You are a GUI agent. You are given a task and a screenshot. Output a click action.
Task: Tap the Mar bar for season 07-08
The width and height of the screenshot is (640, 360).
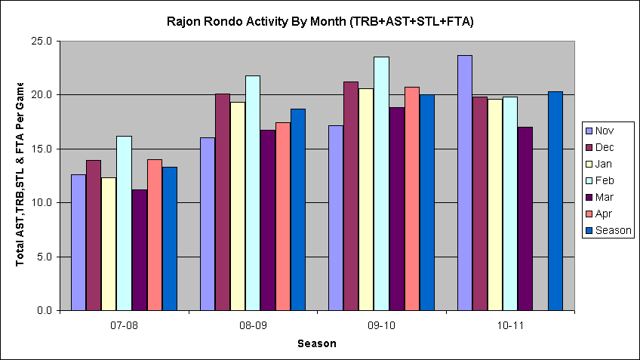pyautogui.click(x=139, y=250)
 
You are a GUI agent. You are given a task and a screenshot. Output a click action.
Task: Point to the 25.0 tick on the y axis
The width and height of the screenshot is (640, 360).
pyautogui.click(x=38, y=42)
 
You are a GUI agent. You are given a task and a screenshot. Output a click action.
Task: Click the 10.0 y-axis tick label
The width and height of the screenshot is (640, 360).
pyautogui.click(x=38, y=203)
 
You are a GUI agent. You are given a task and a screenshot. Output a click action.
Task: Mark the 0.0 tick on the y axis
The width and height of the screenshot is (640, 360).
pyautogui.click(x=42, y=311)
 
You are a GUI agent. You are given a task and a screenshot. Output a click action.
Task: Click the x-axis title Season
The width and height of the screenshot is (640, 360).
pyautogui.click(x=316, y=344)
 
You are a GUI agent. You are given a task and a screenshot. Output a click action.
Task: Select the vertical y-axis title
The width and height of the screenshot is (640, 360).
pyautogui.click(x=20, y=174)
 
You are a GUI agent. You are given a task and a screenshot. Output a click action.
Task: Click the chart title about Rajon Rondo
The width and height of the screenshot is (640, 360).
pyautogui.click(x=320, y=22)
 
